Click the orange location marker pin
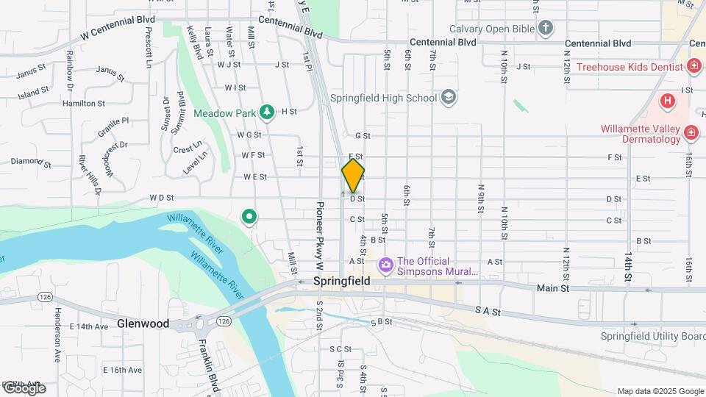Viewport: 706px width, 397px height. point(353,175)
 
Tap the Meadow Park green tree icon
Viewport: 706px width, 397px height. point(268,112)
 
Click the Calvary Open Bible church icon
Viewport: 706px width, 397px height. point(545,29)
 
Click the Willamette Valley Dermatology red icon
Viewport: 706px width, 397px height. point(691,132)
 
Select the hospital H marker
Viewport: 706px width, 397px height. point(667,101)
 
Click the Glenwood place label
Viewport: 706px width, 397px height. point(143,323)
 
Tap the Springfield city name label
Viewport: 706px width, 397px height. point(340,282)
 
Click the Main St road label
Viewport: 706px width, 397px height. point(554,289)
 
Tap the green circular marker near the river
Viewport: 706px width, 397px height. point(249,217)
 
